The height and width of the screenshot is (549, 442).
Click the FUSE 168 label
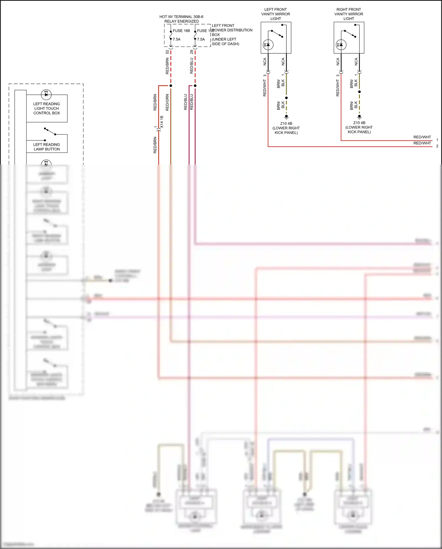[x=181, y=31]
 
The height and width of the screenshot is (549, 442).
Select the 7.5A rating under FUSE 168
[x=177, y=39]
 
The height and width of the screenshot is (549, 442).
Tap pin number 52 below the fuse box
[x=167, y=52]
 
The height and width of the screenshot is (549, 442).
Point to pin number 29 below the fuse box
[x=192, y=52]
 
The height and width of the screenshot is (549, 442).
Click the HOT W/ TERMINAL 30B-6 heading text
[x=181, y=17]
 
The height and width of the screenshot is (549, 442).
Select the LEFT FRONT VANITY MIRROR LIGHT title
[x=276, y=14]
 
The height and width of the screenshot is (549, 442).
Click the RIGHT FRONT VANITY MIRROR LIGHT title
[x=349, y=14]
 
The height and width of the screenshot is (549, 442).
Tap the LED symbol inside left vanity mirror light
[x=268, y=45]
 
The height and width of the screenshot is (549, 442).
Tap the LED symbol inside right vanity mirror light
[x=341, y=45]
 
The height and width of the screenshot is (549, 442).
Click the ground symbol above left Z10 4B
[x=286, y=117]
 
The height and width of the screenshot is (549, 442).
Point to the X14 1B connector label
[x=162, y=122]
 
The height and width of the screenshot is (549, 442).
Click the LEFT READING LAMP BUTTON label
[x=47, y=147]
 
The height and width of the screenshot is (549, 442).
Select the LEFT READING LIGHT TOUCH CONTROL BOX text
[x=47, y=108]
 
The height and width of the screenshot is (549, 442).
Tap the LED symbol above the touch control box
[x=46, y=94]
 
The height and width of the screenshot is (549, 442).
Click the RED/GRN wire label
[x=167, y=102]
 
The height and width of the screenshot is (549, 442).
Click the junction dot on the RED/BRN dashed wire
[x=171, y=86]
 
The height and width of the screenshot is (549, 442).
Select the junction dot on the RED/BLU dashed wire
[x=195, y=86]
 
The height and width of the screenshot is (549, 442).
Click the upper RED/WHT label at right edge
[x=422, y=137]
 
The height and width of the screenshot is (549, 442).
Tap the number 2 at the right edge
[x=437, y=146]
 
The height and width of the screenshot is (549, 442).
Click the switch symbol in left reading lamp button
[x=50, y=131]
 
